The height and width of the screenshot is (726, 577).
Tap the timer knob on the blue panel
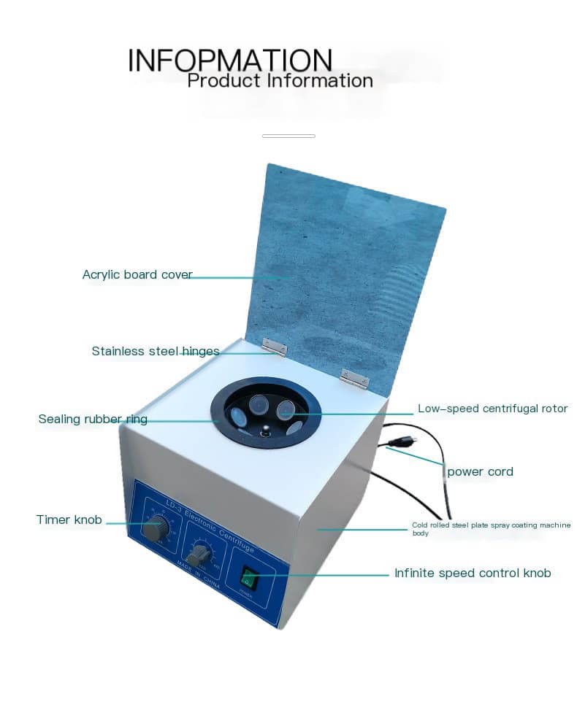155,530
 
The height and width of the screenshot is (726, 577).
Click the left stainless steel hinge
275,347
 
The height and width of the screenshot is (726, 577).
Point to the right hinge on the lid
354,377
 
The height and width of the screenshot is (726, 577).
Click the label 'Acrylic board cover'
137,275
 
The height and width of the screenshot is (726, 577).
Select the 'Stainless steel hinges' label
156,352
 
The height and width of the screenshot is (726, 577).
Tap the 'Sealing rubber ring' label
93,420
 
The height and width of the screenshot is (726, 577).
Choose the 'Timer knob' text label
69,520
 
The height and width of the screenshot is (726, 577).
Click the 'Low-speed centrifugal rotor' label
492,409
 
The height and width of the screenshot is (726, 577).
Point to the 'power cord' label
480,472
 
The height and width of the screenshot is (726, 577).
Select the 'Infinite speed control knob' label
473,574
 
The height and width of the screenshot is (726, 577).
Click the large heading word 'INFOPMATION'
230,60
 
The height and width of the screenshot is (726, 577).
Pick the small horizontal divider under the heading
288,136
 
